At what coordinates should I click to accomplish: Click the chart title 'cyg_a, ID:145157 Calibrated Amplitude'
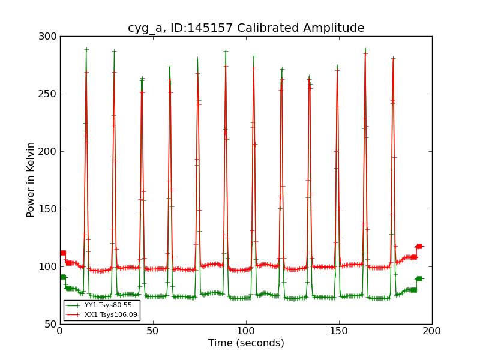(246, 28)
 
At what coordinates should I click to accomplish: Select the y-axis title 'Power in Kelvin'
(31, 179)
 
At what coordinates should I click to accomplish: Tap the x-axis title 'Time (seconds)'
(246, 343)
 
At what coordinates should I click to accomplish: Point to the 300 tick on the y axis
(49, 37)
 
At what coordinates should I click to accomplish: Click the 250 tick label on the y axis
(49, 94)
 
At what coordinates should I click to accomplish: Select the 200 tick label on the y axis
(49, 152)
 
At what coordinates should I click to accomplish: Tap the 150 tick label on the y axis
(49, 209)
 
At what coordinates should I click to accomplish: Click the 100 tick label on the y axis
(49, 267)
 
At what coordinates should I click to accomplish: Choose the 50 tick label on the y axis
(51, 325)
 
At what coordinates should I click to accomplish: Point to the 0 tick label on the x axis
(60, 331)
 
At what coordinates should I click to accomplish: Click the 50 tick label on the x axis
(153, 331)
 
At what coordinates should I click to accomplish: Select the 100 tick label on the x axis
(246, 331)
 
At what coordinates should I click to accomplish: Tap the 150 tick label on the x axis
(339, 331)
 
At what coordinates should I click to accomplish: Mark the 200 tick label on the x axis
(432, 331)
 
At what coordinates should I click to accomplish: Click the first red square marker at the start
(62, 253)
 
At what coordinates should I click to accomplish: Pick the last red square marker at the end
(419, 246)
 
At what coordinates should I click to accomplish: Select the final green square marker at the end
(419, 278)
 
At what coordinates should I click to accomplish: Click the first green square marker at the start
(62, 277)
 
